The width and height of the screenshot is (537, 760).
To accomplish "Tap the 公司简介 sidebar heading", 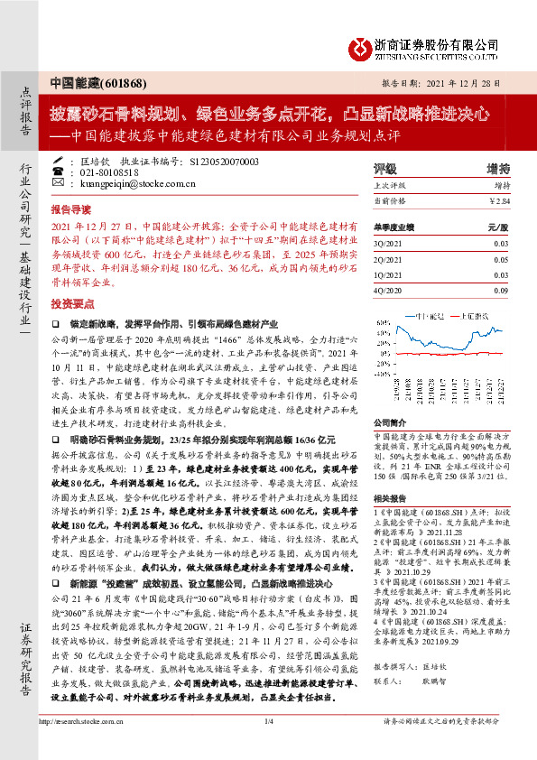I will (390, 422).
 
